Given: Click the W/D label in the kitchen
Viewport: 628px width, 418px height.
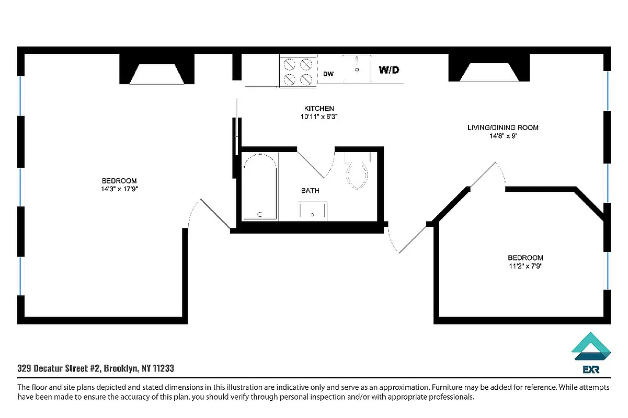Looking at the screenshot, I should (389, 70).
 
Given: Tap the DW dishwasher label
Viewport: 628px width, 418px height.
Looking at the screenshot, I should (328, 74).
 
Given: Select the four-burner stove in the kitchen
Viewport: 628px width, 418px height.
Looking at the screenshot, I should (298, 72).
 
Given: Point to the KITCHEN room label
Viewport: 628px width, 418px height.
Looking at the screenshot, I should (319, 109).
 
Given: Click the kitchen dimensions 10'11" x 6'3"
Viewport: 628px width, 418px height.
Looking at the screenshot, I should (319, 117).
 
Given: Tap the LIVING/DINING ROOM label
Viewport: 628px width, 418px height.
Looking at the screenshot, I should (503, 127).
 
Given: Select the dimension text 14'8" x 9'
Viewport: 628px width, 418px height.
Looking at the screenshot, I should (503, 136).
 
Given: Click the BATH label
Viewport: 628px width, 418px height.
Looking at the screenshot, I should (310, 191).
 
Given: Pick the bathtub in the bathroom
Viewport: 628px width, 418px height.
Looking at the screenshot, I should (260, 187).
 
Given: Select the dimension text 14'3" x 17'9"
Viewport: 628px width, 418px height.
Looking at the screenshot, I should (119, 189).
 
